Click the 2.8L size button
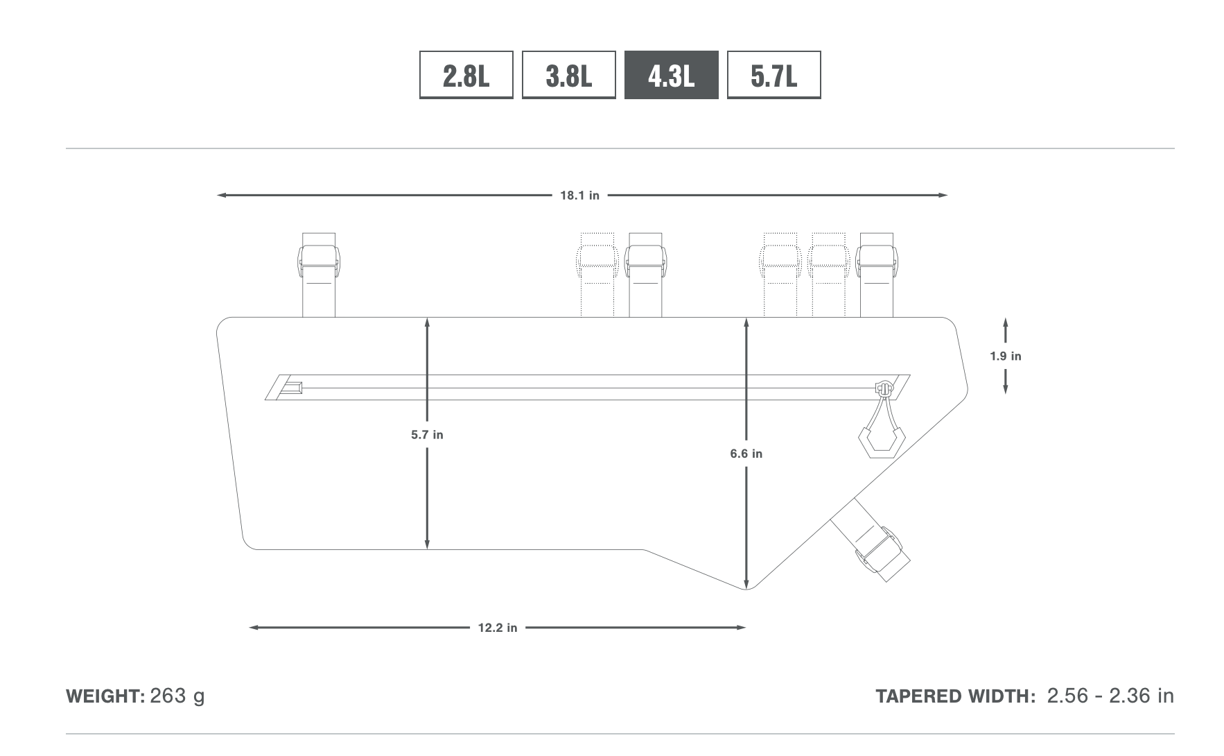coord(466,75)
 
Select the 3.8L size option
coord(568,75)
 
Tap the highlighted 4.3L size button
coord(671,75)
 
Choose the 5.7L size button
coord(773,75)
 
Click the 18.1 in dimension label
coord(580,196)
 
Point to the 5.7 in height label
coord(427,435)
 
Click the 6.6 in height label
coord(746,454)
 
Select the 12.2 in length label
coord(498,628)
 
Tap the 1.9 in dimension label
coord(1006,356)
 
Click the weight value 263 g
coord(177,696)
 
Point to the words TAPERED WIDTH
coord(956,696)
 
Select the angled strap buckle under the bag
coord(882,553)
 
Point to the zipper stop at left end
coord(291,388)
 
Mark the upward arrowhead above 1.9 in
coord(1006,323)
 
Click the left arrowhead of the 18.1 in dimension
coord(222,196)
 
